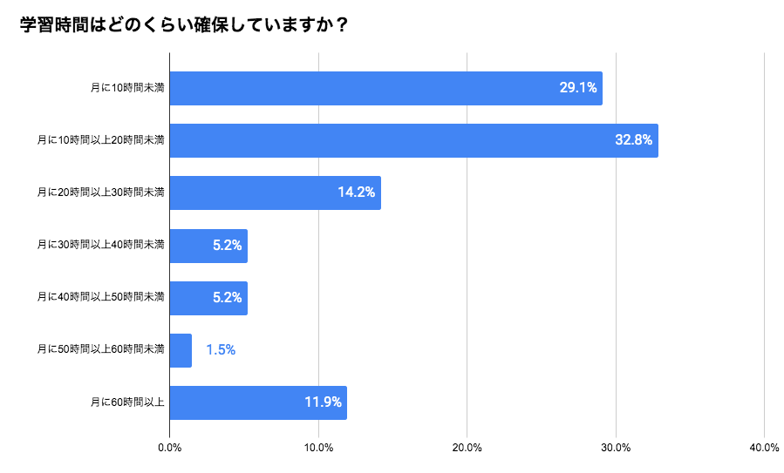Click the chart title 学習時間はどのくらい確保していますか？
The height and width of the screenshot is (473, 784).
click(185, 25)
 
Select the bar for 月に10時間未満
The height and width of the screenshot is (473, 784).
click(385, 88)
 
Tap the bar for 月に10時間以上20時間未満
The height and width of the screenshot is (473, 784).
click(413, 140)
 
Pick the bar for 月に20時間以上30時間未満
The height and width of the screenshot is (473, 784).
click(275, 193)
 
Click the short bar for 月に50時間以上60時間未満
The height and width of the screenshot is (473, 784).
click(181, 350)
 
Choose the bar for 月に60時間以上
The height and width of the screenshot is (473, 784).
click(258, 402)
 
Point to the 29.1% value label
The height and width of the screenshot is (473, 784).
click(577, 88)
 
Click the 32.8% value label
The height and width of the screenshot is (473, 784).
click(633, 140)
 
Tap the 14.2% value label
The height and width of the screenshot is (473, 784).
click(356, 193)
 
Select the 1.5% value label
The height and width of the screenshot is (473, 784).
click(221, 350)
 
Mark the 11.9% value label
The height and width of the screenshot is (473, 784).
click(323, 402)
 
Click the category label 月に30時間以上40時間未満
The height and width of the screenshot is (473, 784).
click(100, 245)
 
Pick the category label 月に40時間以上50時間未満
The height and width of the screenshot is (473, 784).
click(100, 297)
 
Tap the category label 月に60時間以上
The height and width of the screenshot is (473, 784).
click(127, 402)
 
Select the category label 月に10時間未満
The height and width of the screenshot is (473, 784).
click(127, 88)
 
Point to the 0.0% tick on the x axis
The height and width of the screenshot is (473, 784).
click(169, 448)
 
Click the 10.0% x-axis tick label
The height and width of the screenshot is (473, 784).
click(318, 448)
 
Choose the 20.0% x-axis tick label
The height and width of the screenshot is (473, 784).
click(467, 448)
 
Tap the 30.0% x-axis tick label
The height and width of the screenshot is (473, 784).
click(616, 448)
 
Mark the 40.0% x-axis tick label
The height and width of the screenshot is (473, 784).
click(764, 448)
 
